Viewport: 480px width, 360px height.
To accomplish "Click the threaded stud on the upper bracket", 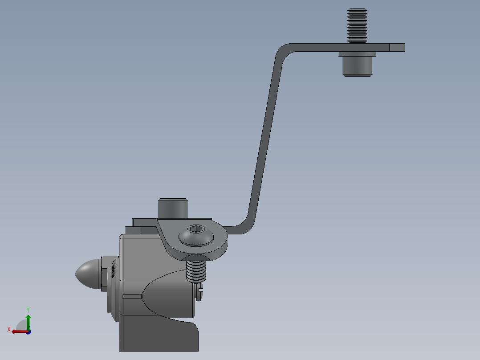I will coord(358,25).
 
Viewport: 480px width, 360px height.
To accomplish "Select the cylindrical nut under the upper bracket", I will coord(357,66).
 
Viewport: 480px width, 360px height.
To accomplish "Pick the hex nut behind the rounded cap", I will coord(104,274).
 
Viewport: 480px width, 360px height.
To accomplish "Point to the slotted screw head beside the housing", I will coord(199,295).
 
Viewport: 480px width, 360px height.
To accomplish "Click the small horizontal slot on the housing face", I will coord(132,296).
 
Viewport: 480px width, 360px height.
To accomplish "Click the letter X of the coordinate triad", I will coord(9,329).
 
